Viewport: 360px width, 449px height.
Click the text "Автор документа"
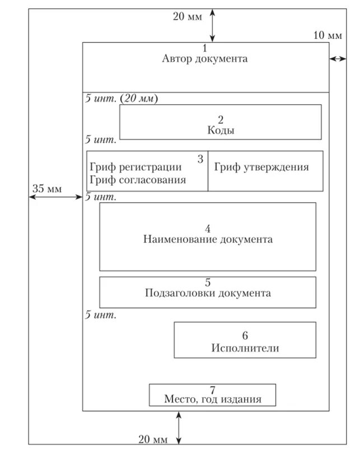pyautogui.click(x=205, y=59)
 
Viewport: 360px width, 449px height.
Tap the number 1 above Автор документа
pyautogui.click(x=205, y=48)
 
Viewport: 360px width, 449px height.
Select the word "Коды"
pyautogui.click(x=221, y=130)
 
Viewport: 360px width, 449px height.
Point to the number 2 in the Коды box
pyautogui.click(x=221, y=119)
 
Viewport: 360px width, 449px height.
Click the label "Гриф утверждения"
pyautogui.click(x=261, y=167)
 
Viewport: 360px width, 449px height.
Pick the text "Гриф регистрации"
pyautogui.click(x=135, y=167)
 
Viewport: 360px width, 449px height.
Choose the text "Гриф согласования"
pyautogui.click(x=138, y=180)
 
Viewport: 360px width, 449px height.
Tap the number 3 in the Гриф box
pyautogui.click(x=200, y=158)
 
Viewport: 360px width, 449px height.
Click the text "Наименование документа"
pyautogui.click(x=208, y=239)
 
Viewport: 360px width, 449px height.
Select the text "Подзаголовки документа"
pyautogui.click(x=208, y=293)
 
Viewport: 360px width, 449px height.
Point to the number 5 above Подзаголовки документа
pyautogui.click(x=208, y=283)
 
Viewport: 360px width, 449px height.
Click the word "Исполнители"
pyautogui.click(x=245, y=348)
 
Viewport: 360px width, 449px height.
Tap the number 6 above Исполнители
pyautogui.click(x=245, y=336)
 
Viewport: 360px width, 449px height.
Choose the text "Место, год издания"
pyautogui.click(x=213, y=399)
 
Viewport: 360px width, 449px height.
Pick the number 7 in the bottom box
pyautogui.click(x=213, y=390)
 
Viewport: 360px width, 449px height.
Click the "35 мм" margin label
pyautogui.click(x=45, y=188)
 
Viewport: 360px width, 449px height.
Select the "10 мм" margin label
pyautogui.click(x=327, y=35)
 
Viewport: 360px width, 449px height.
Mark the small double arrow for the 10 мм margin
pyautogui.click(x=338, y=58)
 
